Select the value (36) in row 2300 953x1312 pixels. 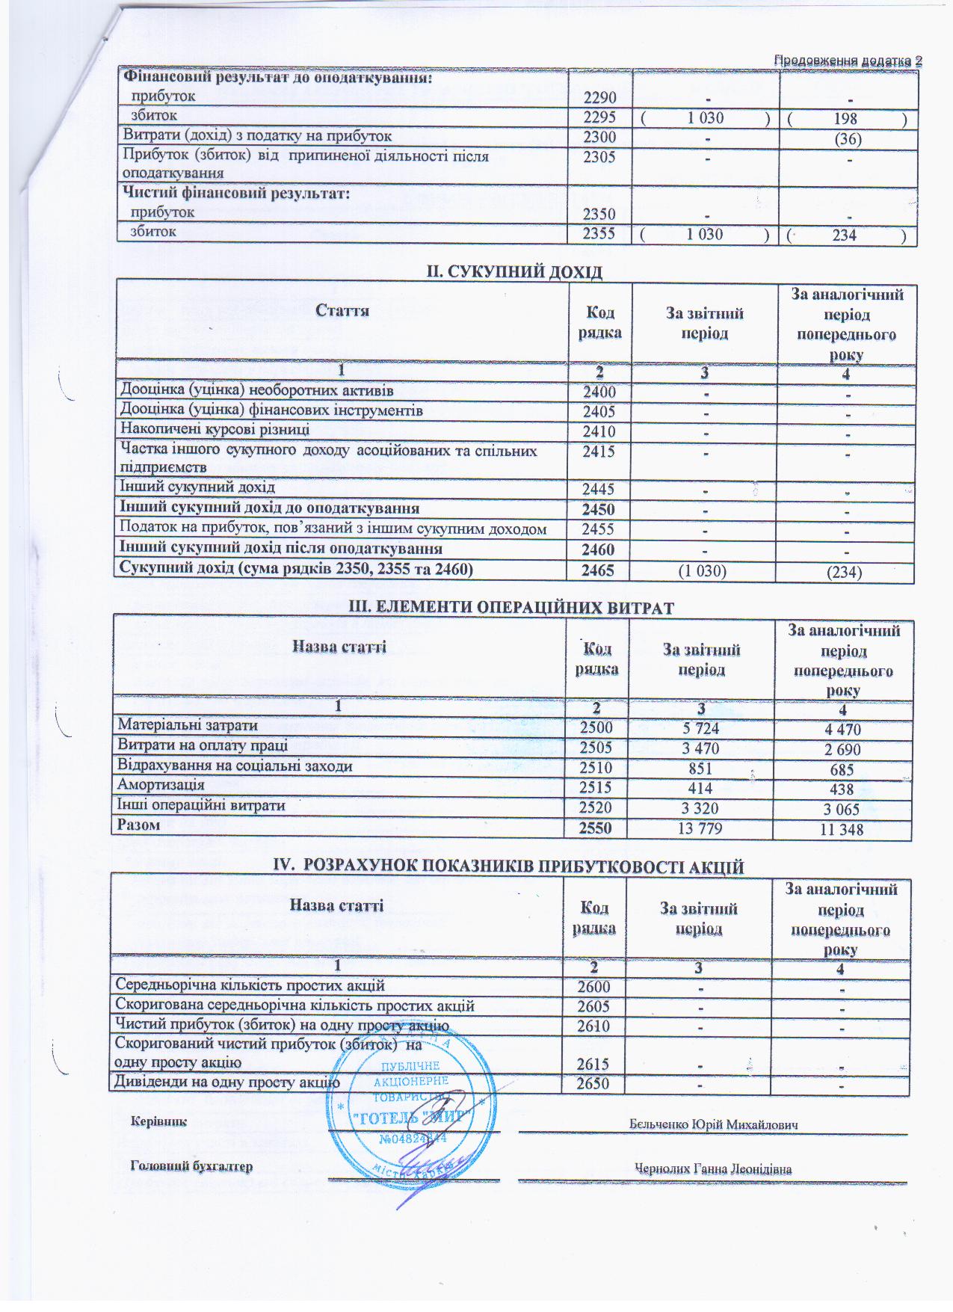846,138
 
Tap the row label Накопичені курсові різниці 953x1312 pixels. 215,430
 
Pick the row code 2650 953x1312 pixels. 595,1084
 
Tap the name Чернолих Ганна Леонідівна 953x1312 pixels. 713,1169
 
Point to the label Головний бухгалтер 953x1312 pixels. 192,1166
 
